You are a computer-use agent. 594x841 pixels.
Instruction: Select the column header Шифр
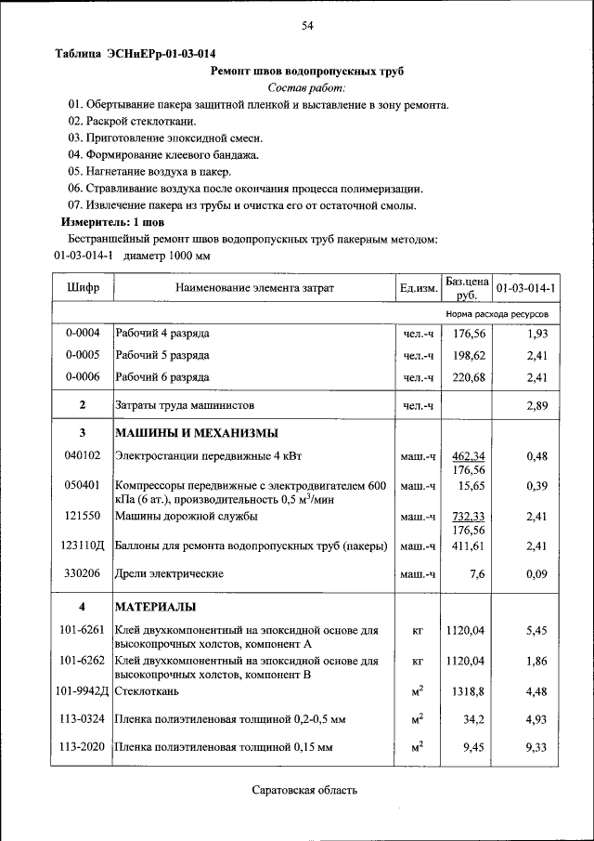pos(83,288)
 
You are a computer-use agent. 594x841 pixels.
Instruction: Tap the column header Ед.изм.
pos(419,288)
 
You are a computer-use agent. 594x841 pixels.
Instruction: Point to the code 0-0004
pos(83,333)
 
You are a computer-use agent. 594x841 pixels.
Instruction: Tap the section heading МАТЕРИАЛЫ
pos(155,607)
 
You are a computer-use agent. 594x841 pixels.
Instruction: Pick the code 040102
pos(83,455)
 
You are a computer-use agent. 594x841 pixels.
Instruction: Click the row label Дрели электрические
pos(168,574)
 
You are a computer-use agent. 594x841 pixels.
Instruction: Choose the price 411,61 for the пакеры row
pos(468,547)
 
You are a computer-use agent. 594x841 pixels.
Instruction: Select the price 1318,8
pos(466,690)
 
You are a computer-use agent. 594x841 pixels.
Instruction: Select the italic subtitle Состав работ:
pos(306,87)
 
